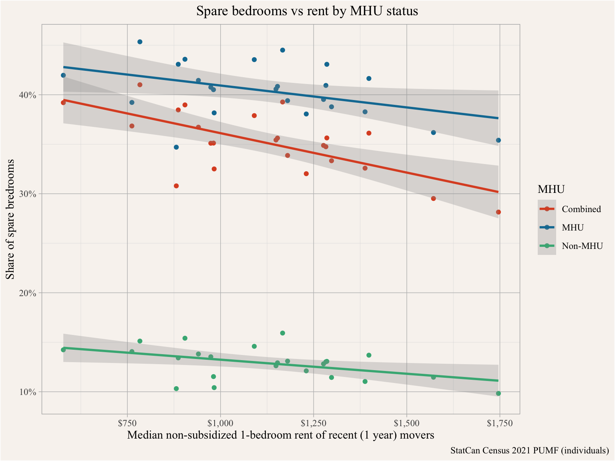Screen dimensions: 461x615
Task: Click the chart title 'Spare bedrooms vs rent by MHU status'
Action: [x=307, y=11]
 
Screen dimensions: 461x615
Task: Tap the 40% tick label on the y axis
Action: [x=29, y=95]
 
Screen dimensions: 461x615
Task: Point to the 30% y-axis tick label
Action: [x=29, y=194]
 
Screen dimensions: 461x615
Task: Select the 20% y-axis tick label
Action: [x=29, y=293]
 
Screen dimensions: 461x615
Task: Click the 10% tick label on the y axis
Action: [x=29, y=392]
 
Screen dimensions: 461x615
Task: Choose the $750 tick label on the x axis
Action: [x=127, y=423]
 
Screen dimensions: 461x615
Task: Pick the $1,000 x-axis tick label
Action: [x=220, y=423]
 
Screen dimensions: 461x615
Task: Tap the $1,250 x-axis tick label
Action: [x=314, y=423]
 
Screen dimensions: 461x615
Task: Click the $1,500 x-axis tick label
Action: [x=407, y=423]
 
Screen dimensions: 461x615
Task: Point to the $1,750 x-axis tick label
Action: [x=500, y=423]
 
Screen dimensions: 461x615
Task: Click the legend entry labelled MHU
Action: [x=573, y=227]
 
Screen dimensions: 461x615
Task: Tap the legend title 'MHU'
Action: [x=551, y=189]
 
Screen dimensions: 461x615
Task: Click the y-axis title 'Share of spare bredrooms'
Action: [x=10, y=219]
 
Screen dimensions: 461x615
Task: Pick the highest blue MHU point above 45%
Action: [x=140, y=42]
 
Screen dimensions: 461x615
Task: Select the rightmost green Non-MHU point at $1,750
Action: [x=498, y=393]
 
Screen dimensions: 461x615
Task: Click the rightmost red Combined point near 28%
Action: [x=498, y=212]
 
